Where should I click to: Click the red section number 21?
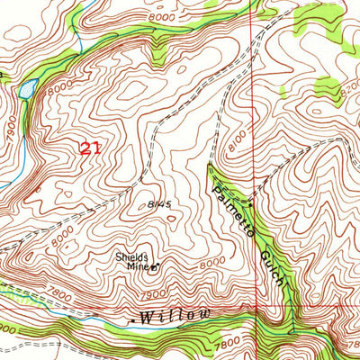click(x=89, y=148)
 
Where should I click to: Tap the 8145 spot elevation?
click(x=160, y=205)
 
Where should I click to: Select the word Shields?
click(x=131, y=256)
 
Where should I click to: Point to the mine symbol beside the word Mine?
click(x=154, y=266)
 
